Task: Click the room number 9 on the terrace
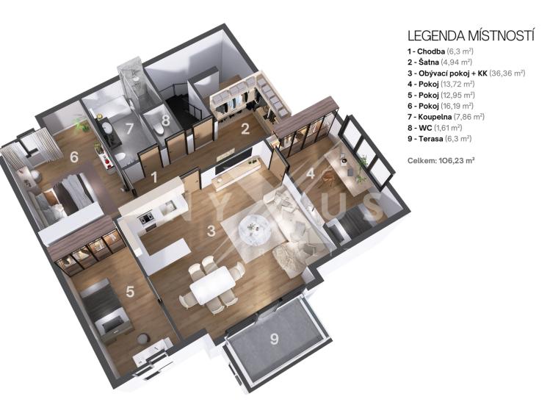(275, 339)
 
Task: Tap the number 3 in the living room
(211, 231)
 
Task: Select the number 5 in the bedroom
(130, 292)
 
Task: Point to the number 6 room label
(73, 157)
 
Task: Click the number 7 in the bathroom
(129, 129)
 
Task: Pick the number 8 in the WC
(165, 120)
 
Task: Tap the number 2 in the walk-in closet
(245, 129)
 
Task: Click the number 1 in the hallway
(153, 178)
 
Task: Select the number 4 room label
(311, 173)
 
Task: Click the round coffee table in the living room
(253, 229)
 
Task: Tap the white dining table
(212, 284)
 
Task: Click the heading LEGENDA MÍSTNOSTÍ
(471, 36)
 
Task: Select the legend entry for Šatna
(440, 62)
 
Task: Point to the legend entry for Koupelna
(446, 117)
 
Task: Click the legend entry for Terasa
(439, 139)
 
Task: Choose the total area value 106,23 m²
(457, 161)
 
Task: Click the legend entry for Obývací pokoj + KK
(466, 73)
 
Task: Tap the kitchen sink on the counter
(168, 206)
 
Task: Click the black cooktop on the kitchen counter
(147, 218)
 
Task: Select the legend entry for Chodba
(440, 51)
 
